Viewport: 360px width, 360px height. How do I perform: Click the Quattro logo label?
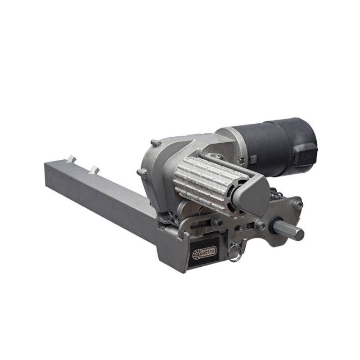tap(204, 252)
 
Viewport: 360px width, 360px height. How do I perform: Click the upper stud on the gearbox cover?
tap(156, 143)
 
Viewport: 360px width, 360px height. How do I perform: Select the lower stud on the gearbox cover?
tap(142, 173)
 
